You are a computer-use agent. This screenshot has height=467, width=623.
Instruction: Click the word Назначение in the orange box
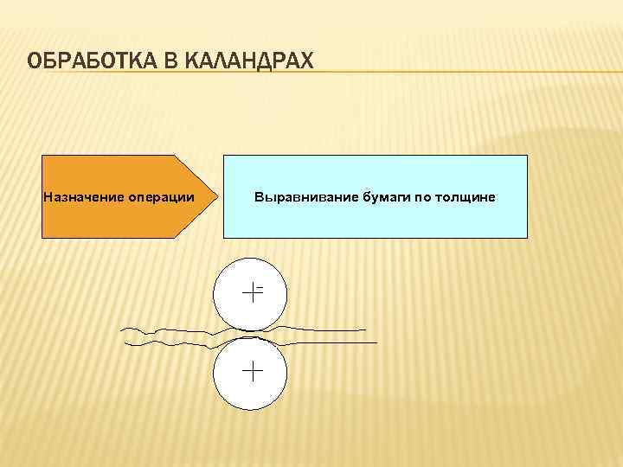[x=83, y=197]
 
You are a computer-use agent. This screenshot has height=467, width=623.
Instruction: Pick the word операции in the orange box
[x=161, y=197]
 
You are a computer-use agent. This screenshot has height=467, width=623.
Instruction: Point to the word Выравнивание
[x=296, y=197]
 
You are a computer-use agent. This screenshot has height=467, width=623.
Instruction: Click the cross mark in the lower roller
[x=252, y=372]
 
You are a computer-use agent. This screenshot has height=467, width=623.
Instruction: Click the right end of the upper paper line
[x=364, y=329]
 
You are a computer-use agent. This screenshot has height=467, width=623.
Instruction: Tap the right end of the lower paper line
[x=376, y=343]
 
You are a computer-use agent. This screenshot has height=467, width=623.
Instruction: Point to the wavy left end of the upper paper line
[x=124, y=329]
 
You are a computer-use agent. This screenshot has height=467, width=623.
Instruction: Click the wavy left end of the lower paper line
[x=129, y=344]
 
